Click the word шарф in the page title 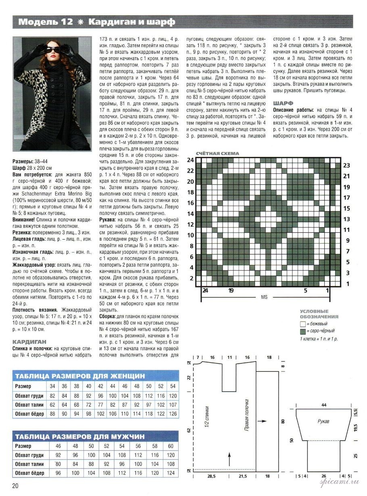pyautogui.click(x=162, y=22)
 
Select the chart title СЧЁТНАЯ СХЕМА pyautogui.click(x=217, y=154)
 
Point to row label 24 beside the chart pyautogui.click(x=190, y=160)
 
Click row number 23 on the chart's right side pyautogui.click(x=346, y=165)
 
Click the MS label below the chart pyautogui.click(x=264, y=297)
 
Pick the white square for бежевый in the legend pyautogui.click(x=302, y=324)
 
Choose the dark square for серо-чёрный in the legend pyautogui.click(x=302, y=331)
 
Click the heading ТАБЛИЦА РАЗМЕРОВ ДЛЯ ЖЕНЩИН pyautogui.click(x=79, y=376)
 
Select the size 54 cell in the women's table pyautogui.click(x=173, y=386)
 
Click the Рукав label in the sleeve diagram pyautogui.click(x=323, y=421)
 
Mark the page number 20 pyautogui.click(x=16, y=486)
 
